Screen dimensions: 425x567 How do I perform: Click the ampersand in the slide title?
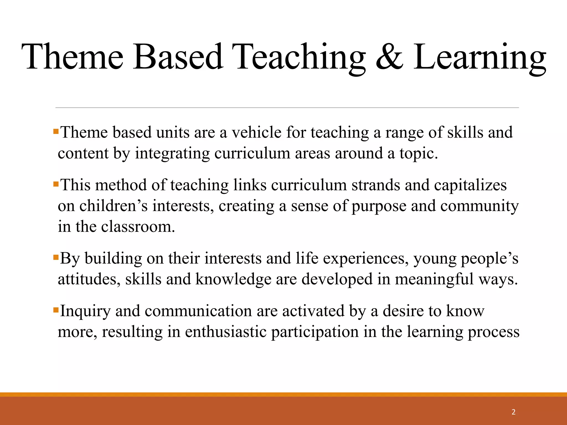(x=389, y=57)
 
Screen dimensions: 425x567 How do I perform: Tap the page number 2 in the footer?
(x=514, y=412)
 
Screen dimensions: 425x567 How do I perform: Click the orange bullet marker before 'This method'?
(x=56, y=184)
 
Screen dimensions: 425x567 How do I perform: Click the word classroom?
(x=138, y=227)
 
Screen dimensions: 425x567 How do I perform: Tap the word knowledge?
(x=233, y=279)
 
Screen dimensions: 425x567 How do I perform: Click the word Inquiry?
(x=85, y=311)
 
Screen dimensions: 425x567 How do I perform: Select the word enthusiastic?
(x=225, y=332)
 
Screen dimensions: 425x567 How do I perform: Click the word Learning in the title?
(x=480, y=57)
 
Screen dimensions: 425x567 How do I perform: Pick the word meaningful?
(x=434, y=279)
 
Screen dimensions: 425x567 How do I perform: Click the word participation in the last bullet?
(x=315, y=332)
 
